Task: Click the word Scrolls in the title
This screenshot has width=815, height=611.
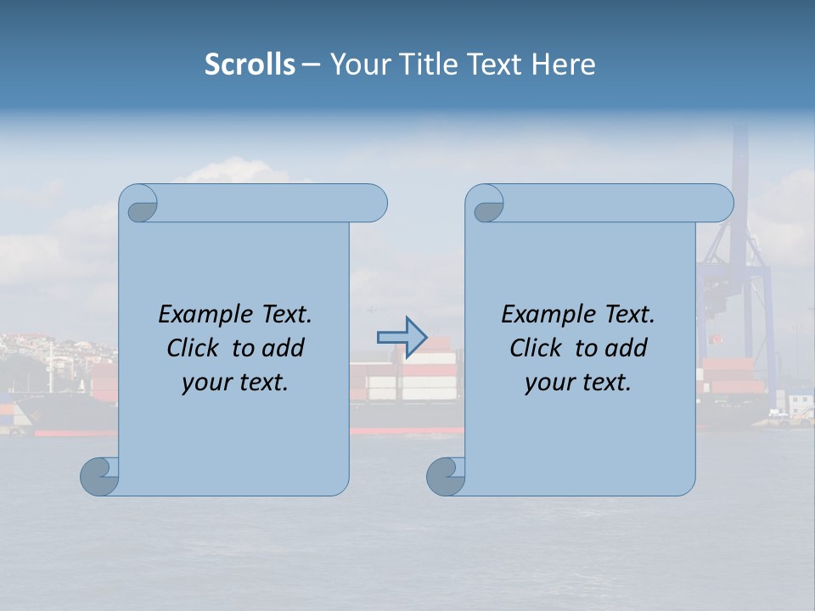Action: pos(250,64)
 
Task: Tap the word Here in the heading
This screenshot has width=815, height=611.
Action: pos(564,64)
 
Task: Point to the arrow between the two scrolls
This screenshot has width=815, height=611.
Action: pos(402,337)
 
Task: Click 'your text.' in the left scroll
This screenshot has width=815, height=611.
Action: pos(235,382)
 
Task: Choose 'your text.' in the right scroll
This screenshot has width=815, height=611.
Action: pos(578,382)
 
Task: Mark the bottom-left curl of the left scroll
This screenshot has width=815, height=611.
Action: pos(98,476)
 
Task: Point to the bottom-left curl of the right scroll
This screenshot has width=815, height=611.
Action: pos(445,476)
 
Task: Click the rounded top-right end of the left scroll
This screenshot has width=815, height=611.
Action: pos(374,203)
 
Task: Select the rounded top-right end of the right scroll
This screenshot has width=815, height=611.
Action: pos(720,203)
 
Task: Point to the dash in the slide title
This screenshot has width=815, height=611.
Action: pos(311,64)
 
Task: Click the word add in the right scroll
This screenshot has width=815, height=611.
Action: pos(627,348)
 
